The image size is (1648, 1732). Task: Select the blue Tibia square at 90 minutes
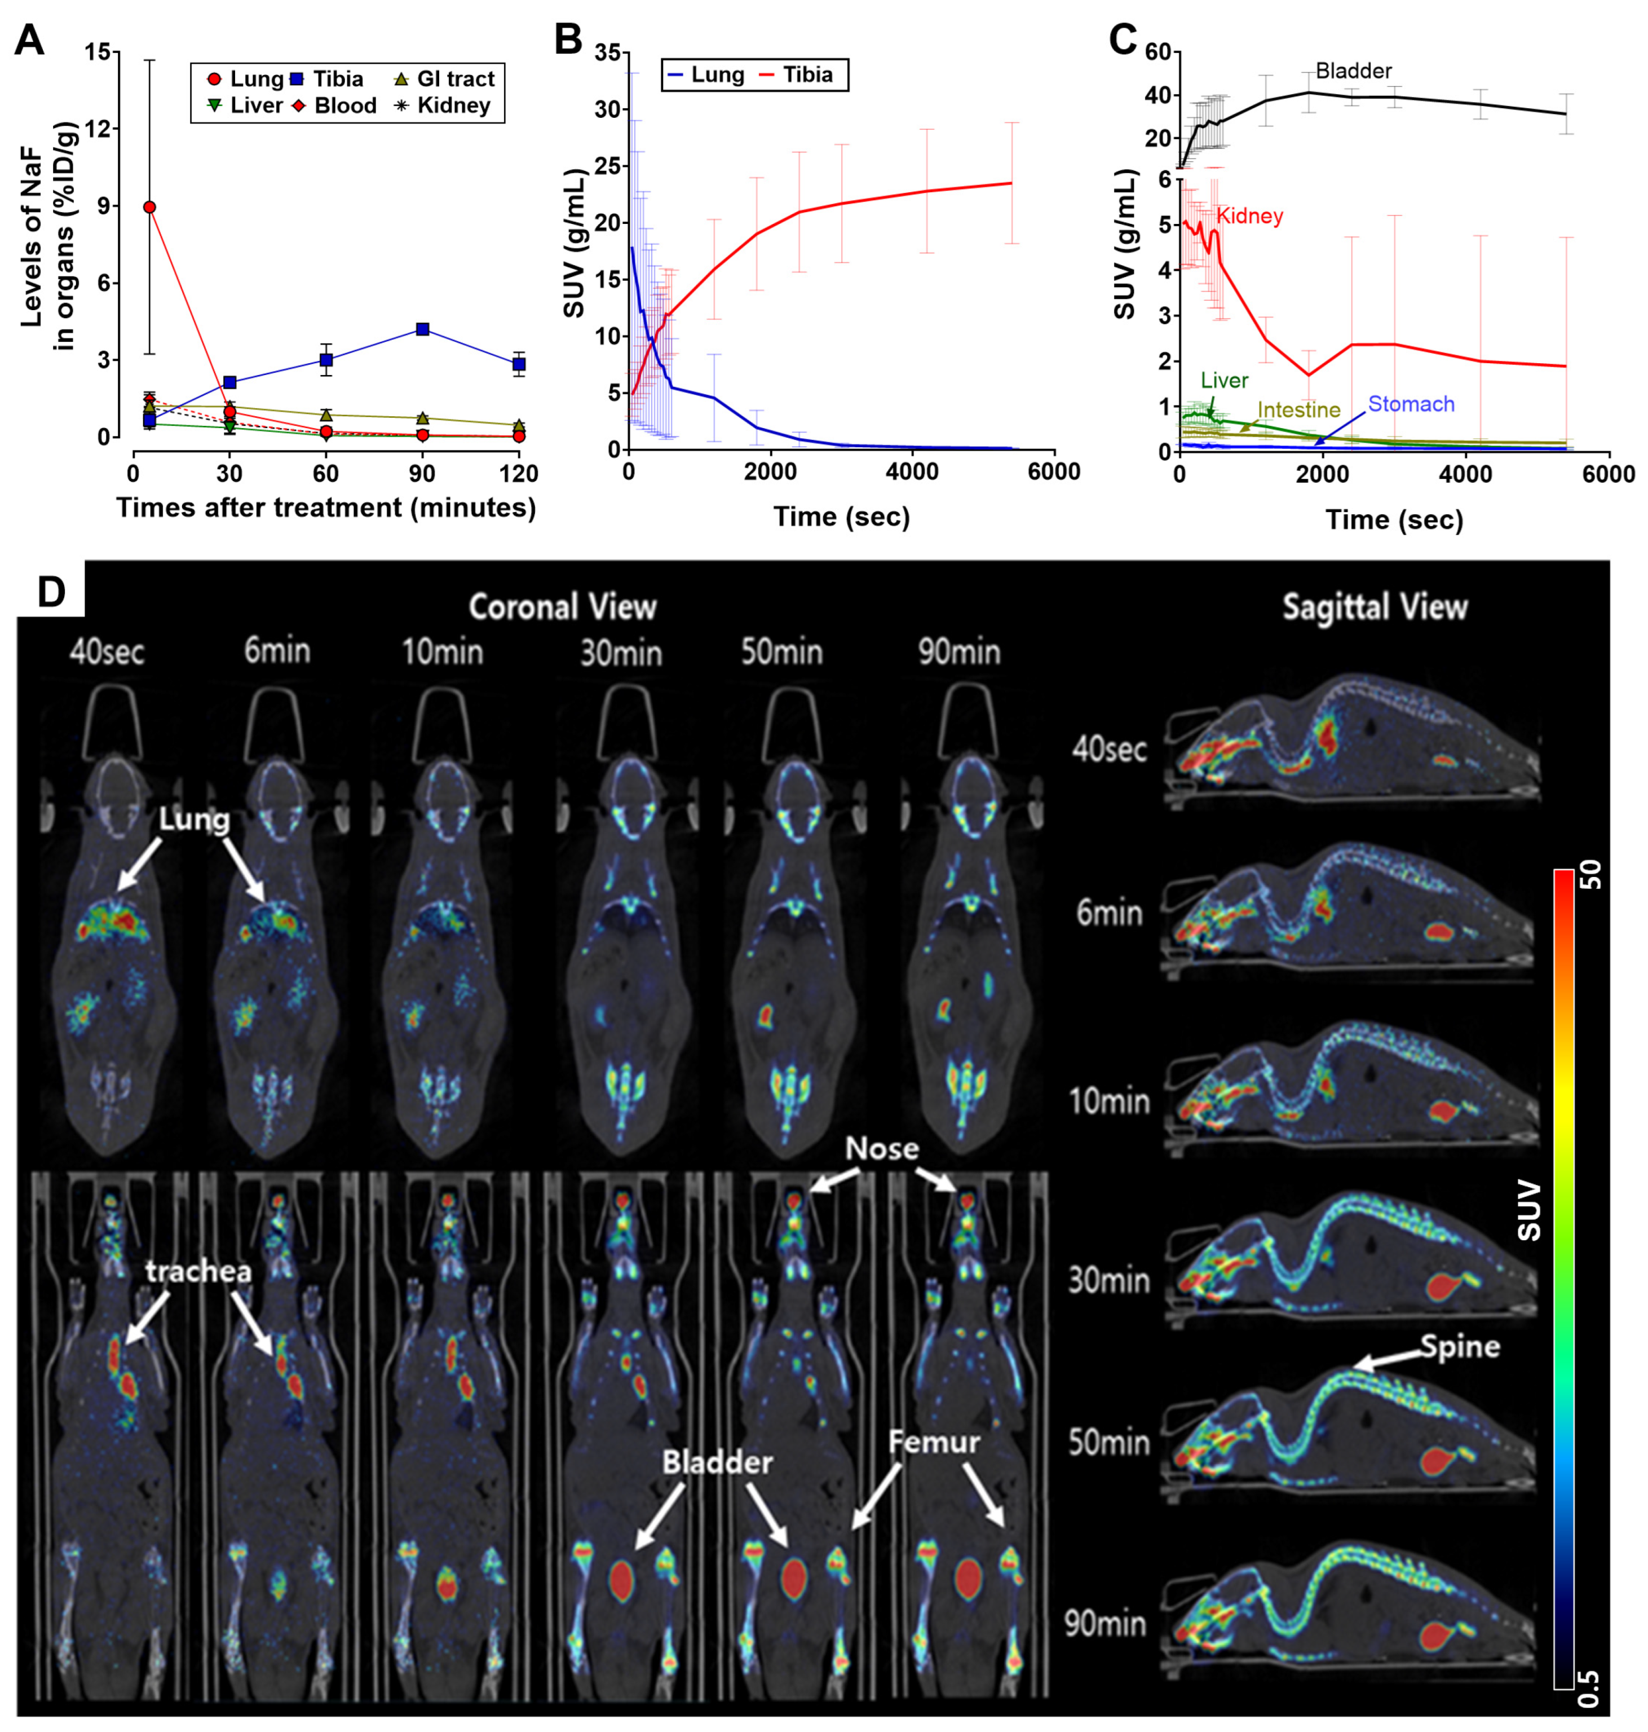point(422,329)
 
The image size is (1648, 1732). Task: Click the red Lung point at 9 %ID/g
point(149,206)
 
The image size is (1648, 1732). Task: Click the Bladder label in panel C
point(1354,70)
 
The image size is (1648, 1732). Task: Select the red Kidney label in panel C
point(1249,215)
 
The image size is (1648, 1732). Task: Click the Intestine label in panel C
point(1299,409)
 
